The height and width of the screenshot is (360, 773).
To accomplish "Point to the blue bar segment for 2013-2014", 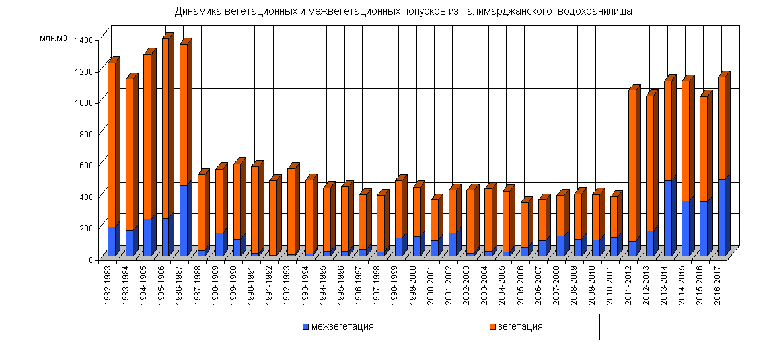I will coord(667,218).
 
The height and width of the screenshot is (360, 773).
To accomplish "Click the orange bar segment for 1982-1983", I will coord(112,145).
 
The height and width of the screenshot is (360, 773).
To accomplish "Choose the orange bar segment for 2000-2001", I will coord(435,221).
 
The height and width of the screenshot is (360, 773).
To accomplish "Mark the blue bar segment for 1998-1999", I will coord(398,246).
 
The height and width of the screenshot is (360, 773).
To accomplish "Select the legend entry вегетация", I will coord(520,326).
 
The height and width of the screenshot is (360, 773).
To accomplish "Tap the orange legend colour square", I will coord(492,326).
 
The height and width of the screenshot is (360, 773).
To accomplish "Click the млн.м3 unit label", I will coord(54,39).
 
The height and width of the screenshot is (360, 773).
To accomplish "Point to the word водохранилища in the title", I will coord(596,11).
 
